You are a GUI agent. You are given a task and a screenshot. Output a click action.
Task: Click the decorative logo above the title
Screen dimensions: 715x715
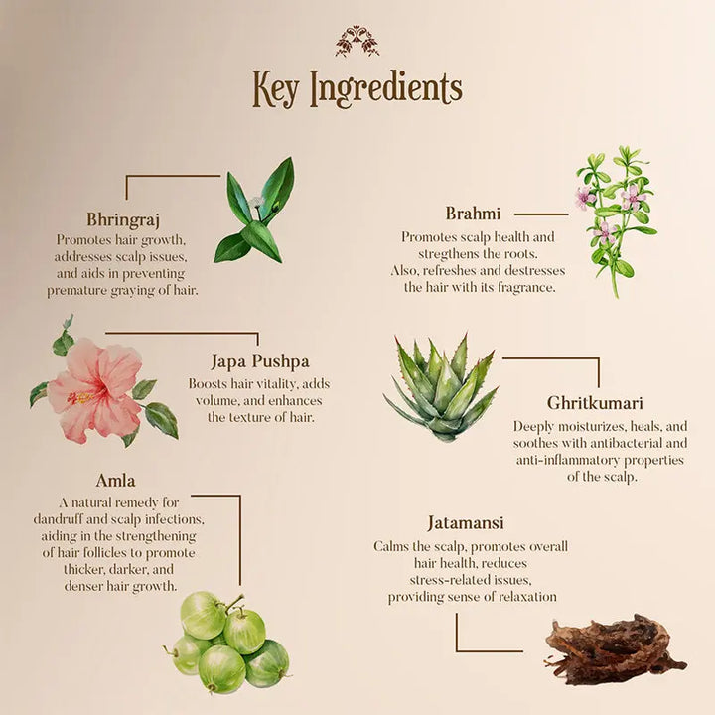coord(357,41)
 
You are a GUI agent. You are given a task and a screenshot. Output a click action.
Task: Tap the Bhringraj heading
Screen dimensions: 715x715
coord(123,219)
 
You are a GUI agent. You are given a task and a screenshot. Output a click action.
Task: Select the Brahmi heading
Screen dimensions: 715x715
coord(473,213)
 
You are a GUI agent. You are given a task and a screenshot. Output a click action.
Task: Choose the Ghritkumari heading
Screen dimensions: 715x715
coord(596,403)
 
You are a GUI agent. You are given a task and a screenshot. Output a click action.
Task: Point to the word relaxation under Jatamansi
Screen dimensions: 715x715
coord(521,597)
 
